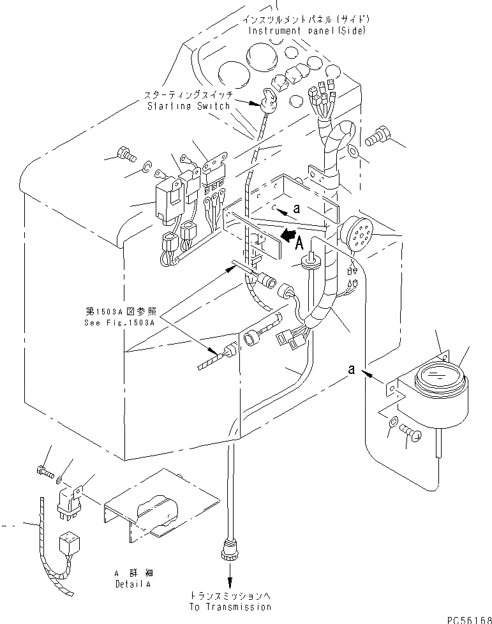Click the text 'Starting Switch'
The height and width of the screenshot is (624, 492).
point(189,107)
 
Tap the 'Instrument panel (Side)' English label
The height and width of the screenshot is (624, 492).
point(306,31)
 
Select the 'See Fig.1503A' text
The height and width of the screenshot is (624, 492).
point(119,323)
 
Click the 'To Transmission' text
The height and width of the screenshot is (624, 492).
point(230,607)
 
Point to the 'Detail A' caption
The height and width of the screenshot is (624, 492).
point(133,584)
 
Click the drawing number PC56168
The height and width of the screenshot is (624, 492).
point(469,620)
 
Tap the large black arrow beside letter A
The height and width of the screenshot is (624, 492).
point(289,235)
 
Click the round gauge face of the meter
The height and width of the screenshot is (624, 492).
point(440,375)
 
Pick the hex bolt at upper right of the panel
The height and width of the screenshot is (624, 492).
point(376,135)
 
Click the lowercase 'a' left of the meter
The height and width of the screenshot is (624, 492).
point(351,369)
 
